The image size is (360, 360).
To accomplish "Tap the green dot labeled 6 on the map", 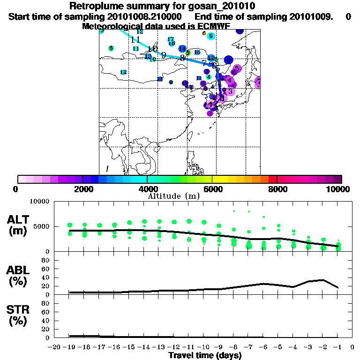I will coord(111,48).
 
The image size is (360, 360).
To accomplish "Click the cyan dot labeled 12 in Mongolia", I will coord(123,72).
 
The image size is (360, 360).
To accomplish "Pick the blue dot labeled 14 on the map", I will coord(182,49).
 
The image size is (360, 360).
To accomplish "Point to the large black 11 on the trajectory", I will coord(135,39).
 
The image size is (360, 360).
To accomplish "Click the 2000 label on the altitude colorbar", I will coord(82,189).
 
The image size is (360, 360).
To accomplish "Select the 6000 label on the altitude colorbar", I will coord(212,189).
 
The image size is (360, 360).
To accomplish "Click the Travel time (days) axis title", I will coord(205,355).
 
